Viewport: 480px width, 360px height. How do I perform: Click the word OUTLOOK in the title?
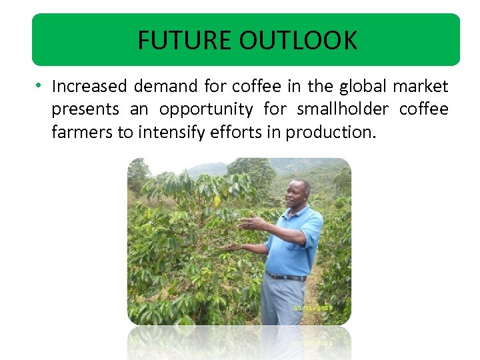(x=298, y=41)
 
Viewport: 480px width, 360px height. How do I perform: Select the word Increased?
(x=89, y=87)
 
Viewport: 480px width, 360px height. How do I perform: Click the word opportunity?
(x=206, y=110)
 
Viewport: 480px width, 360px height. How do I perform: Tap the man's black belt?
(x=286, y=276)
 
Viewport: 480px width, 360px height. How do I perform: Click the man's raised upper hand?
(x=248, y=223)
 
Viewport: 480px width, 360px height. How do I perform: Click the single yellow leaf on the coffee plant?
(x=217, y=199)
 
